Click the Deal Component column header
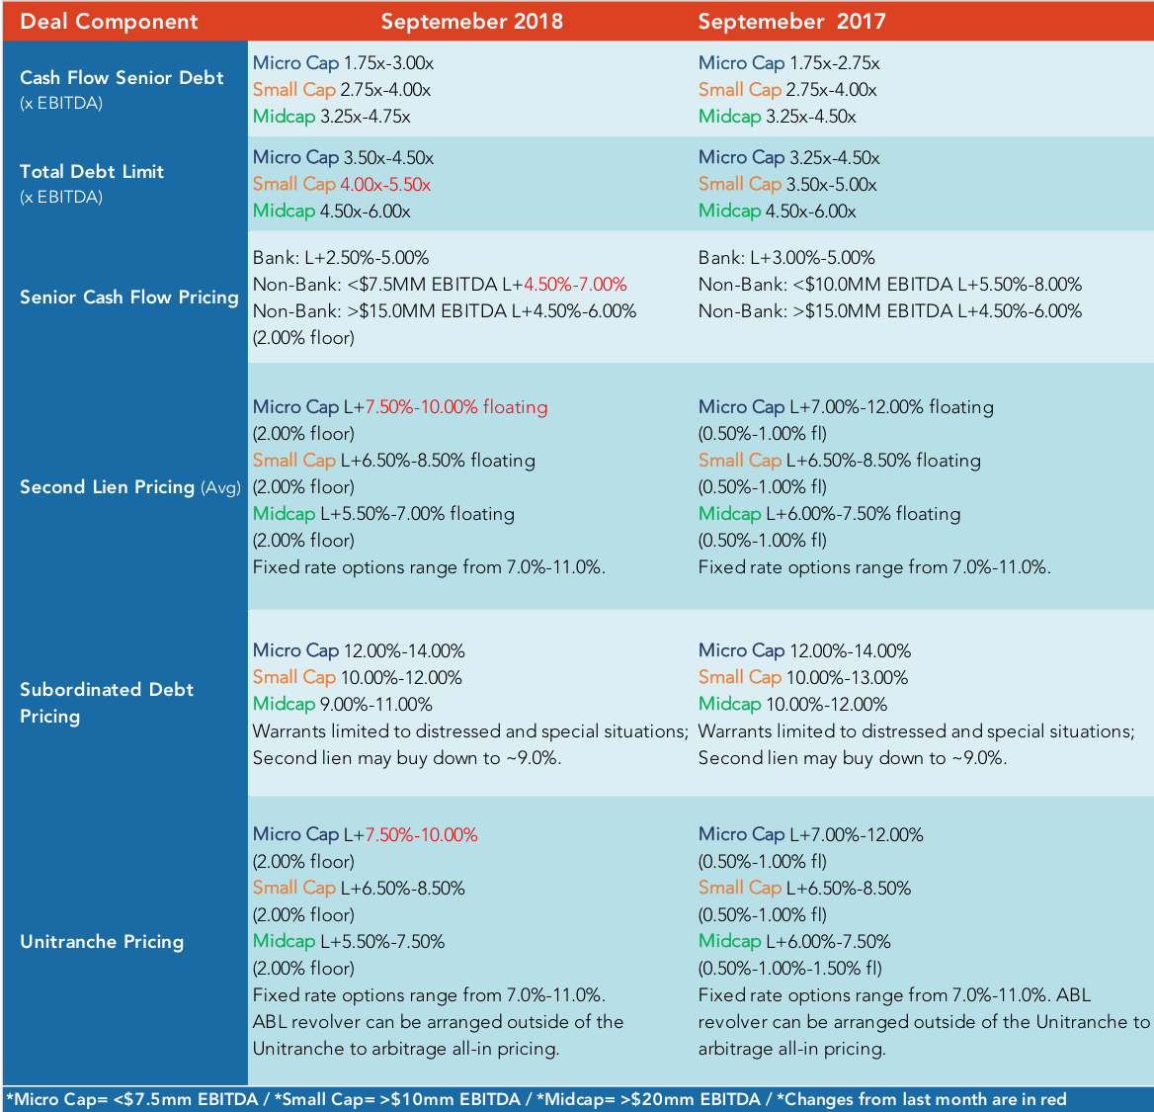tap(109, 22)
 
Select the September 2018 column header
tap(471, 22)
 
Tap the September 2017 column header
tap(791, 22)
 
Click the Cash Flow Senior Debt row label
tap(122, 77)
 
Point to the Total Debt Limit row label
tap(91, 172)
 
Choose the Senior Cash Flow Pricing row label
tap(128, 298)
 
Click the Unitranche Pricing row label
tap(102, 942)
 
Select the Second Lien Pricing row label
tap(107, 486)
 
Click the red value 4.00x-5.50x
tap(385, 184)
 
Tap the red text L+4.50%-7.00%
tap(569, 285)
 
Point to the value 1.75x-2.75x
tap(835, 63)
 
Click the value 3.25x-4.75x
tap(365, 117)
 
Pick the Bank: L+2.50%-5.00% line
tap(341, 258)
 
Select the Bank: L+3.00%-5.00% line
tap(786, 258)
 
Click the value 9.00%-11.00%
tap(376, 704)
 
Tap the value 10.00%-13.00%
tap(847, 677)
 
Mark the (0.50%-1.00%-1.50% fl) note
tap(790, 969)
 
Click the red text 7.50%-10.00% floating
tap(456, 407)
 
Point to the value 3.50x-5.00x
tap(832, 184)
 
